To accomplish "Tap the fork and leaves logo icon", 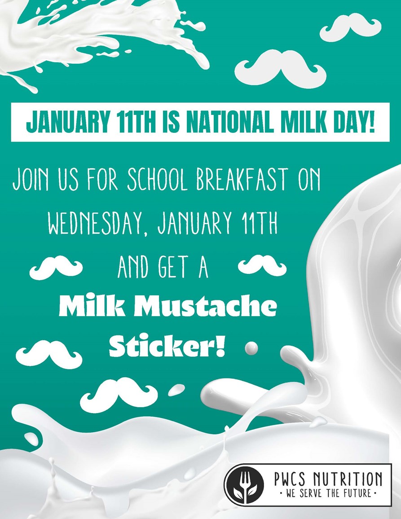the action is (244, 484).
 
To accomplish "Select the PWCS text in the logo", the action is (291, 479).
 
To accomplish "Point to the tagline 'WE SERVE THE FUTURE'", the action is (327, 493).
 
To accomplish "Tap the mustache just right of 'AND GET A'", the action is (262, 265).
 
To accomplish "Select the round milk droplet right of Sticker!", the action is (251, 347).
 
